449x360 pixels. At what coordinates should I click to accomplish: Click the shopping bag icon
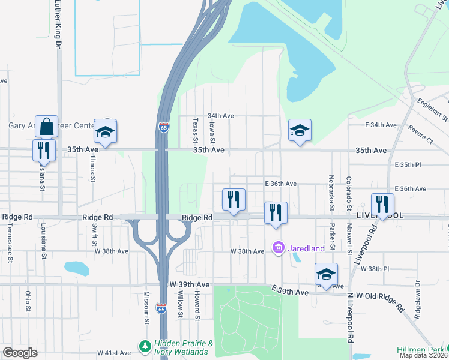coord(46,127)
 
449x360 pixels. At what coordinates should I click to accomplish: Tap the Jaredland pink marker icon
coord(278,247)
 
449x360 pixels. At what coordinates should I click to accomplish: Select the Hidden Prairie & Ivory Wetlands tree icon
coord(145,346)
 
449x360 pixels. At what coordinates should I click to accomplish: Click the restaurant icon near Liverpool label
coord(382,204)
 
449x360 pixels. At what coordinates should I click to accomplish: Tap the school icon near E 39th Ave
coord(326,274)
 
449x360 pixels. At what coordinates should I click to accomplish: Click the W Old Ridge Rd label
coord(380,296)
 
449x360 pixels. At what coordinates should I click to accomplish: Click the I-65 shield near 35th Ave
coord(163,127)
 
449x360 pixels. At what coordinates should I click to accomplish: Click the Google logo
coord(20,353)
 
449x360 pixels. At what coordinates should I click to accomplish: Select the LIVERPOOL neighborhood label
coord(379,215)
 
